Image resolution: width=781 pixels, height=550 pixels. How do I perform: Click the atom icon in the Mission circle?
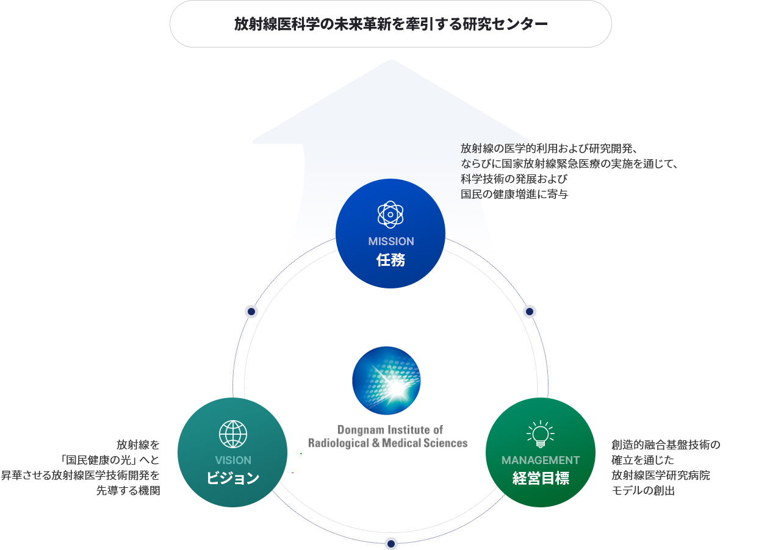pyautogui.click(x=390, y=215)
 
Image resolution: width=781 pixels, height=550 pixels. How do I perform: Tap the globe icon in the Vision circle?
pyautogui.click(x=233, y=434)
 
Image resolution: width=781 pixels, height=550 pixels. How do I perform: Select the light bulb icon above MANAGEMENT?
pyautogui.click(x=541, y=434)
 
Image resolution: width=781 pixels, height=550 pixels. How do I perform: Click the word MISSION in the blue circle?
pyautogui.click(x=391, y=241)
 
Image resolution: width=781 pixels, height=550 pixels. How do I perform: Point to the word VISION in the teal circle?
pyautogui.click(x=233, y=460)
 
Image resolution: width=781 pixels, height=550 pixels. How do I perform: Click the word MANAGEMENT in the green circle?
pyautogui.click(x=541, y=460)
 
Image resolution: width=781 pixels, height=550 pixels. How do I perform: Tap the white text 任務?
pyautogui.click(x=390, y=260)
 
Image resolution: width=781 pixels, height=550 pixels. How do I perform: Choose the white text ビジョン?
pyautogui.click(x=233, y=479)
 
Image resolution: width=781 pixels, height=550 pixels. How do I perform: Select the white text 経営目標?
pyautogui.click(x=541, y=479)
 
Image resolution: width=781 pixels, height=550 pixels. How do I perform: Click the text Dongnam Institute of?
pyautogui.click(x=390, y=430)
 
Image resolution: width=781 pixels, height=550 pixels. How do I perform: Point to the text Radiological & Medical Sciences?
pyautogui.click(x=388, y=443)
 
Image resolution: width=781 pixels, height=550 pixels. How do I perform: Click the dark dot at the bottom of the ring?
pyautogui.click(x=391, y=544)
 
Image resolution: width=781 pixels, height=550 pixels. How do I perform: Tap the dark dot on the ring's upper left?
pyautogui.click(x=251, y=312)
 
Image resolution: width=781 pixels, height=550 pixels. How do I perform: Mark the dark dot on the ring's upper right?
pyautogui.click(x=530, y=312)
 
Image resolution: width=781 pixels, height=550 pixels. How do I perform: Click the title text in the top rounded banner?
pyautogui.click(x=390, y=24)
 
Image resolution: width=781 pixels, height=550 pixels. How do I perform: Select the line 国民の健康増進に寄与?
pyautogui.click(x=514, y=195)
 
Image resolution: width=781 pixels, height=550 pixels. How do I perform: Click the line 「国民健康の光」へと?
pyautogui.click(x=110, y=460)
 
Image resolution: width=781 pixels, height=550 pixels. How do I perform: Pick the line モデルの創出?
pyautogui.click(x=643, y=491)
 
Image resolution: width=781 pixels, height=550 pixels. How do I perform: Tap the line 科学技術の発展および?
pyautogui.click(x=514, y=179)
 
